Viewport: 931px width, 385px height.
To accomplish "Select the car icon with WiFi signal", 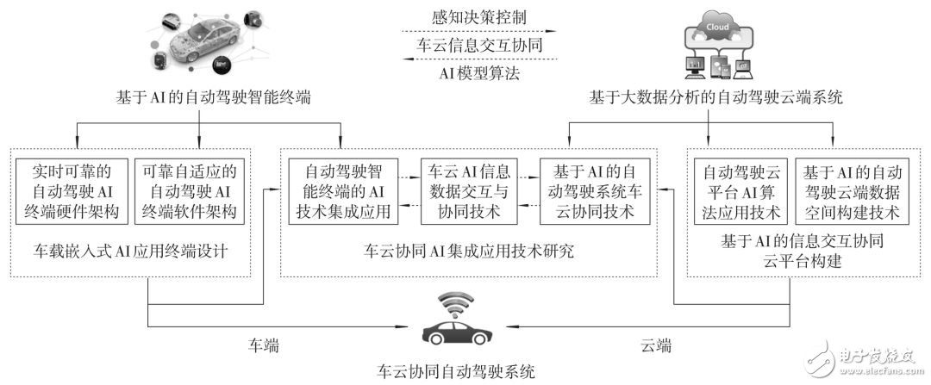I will (x=458, y=323).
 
